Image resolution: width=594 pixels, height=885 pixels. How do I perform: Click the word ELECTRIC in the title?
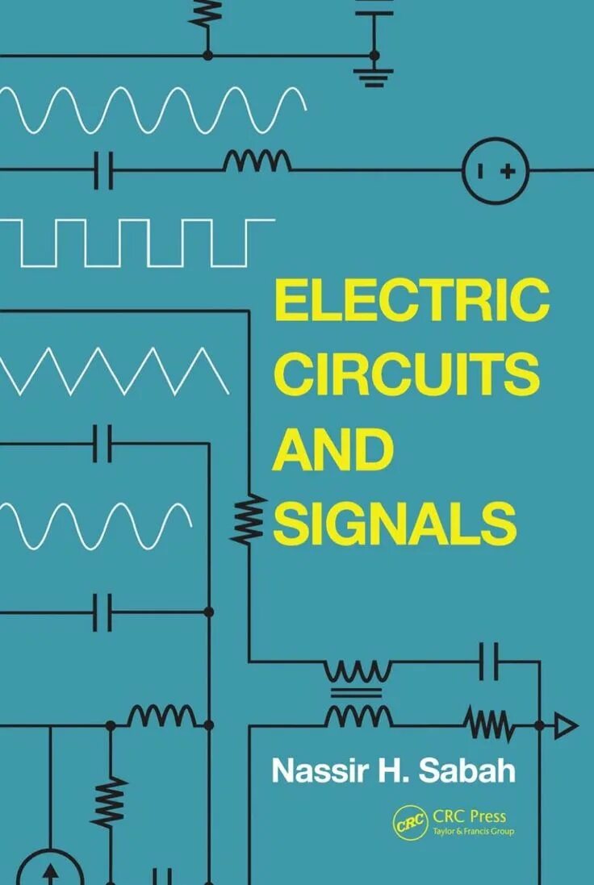[x=412, y=300]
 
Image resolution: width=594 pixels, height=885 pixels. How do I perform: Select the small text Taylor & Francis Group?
[x=473, y=831]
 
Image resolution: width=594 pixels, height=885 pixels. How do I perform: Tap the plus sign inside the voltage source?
[x=508, y=170]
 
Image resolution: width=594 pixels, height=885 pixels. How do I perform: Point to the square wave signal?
[x=137, y=241]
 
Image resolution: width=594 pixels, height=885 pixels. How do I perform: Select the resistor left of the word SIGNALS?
[x=248, y=518]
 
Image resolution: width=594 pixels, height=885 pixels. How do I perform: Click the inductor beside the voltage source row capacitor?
[x=257, y=161]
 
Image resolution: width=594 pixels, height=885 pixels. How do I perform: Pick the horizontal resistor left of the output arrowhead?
[x=488, y=723]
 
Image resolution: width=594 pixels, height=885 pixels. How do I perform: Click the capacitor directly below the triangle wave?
[x=102, y=442]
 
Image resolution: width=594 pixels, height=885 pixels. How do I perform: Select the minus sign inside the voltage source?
[x=481, y=170]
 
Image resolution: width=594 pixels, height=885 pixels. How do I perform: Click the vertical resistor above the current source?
[x=110, y=801]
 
